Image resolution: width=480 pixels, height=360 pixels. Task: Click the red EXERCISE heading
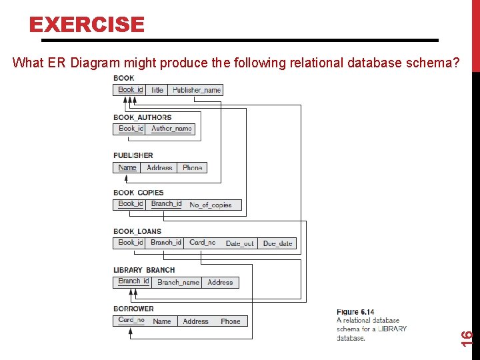coord(86,25)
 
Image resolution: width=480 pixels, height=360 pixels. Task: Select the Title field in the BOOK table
coord(157,90)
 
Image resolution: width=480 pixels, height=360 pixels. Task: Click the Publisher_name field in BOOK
coord(196,90)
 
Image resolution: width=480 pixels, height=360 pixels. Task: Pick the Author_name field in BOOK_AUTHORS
coord(171,129)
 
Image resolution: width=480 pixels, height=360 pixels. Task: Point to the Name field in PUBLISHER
coord(127,167)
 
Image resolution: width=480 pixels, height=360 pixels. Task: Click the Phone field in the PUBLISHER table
coord(192,167)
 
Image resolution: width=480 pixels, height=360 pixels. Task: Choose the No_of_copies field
coord(211,205)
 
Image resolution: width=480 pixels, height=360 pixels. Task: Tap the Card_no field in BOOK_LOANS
coord(202,243)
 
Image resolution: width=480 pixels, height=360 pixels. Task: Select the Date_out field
coord(239,243)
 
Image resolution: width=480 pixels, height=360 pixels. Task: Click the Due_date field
coord(277,243)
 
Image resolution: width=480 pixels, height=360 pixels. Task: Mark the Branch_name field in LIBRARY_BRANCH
coord(178,282)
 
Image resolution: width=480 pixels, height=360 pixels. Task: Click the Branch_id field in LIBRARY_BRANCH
coord(133,281)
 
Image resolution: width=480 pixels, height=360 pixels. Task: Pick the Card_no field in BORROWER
coord(131,320)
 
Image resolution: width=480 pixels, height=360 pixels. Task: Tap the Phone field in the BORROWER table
coord(230,321)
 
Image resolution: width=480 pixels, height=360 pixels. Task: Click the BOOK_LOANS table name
coord(137,231)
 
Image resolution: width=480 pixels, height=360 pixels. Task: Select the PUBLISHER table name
coord(133,155)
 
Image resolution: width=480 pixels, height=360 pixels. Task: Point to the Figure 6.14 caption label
coord(355,312)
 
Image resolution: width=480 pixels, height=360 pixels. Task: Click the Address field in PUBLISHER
coord(159,167)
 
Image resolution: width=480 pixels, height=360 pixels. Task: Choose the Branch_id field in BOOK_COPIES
coord(166,204)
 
